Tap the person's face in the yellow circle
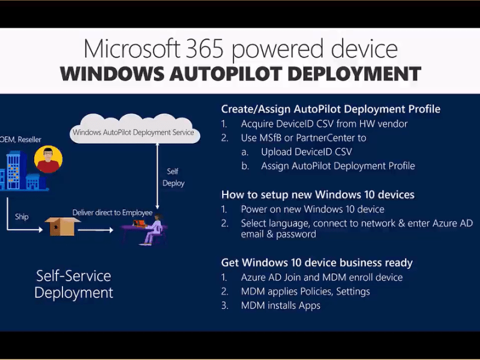(47, 160)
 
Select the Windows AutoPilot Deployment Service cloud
(133, 132)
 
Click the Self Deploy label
(173, 178)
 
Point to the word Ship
(22, 217)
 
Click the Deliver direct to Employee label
(112, 212)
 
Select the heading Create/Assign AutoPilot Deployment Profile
(331, 109)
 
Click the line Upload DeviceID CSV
(306, 152)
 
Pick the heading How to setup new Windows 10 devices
(318, 194)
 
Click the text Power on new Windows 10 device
(313, 209)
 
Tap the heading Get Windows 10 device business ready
(317, 263)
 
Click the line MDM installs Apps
(280, 305)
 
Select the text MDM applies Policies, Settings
(305, 292)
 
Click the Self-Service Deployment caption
(74, 284)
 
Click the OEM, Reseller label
(21, 139)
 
